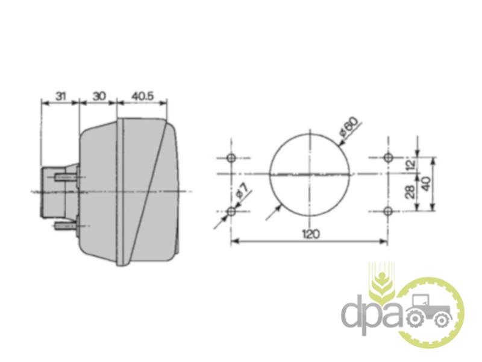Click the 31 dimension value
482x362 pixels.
[61, 96]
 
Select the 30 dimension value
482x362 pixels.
[99, 96]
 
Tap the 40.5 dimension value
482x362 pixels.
[142, 96]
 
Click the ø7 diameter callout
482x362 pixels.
[242, 191]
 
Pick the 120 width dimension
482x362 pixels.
[311, 234]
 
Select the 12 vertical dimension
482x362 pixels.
[410, 162]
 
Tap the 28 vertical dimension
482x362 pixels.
[410, 191]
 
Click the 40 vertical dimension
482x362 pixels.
[426, 184]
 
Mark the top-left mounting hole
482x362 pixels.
[231, 158]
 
